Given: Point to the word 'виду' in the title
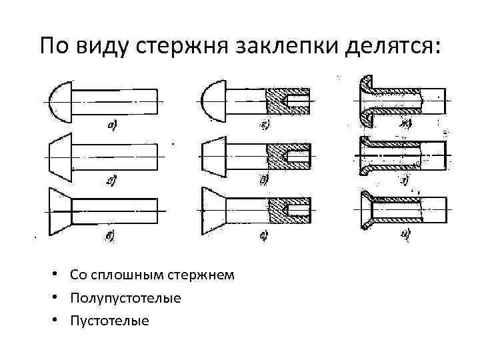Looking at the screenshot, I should click(98, 47).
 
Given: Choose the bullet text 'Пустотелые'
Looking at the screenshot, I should click(109, 321).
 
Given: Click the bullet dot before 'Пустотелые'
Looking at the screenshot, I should click(60, 321).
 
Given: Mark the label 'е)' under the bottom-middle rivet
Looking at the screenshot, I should click(264, 234).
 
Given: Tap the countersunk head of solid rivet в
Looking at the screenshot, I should click(59, 212).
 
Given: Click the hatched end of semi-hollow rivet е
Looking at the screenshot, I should click(289, 211).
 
